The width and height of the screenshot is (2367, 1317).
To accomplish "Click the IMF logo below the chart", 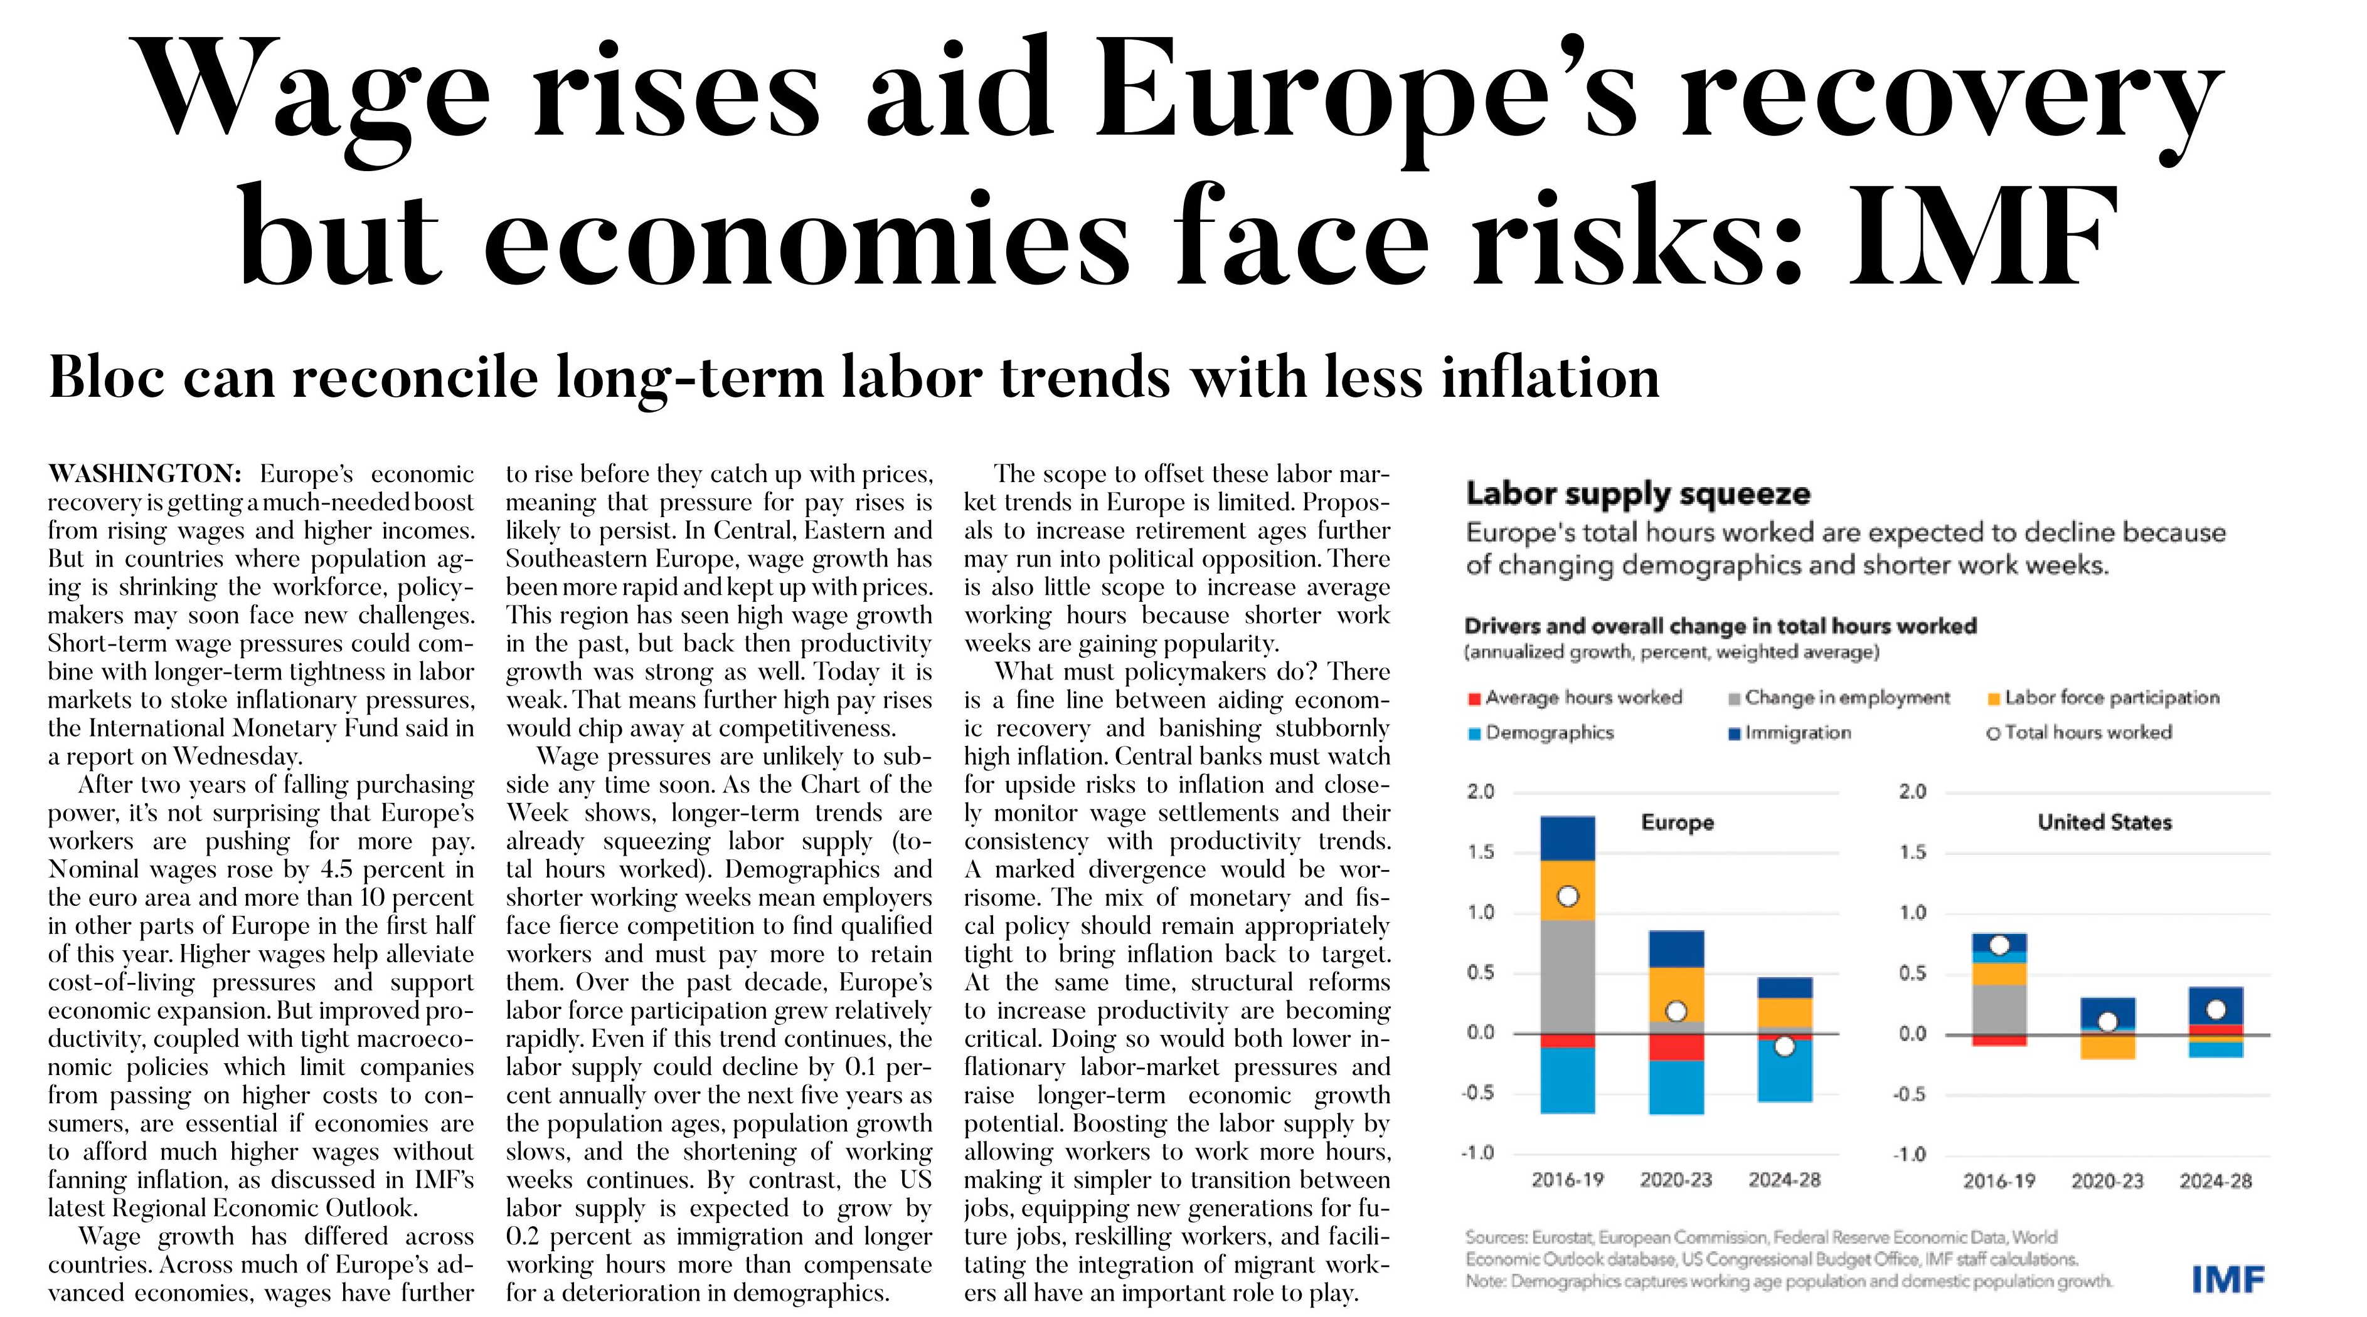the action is tap(2228, 1278).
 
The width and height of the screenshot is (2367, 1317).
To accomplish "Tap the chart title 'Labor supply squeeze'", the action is tap(1637, 493).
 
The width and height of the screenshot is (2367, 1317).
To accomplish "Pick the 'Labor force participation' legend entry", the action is tap(2104, 697).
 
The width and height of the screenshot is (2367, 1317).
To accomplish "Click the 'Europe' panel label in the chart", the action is tap(1677, 822).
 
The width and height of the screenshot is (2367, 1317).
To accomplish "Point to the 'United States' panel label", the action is tap(2104, 822).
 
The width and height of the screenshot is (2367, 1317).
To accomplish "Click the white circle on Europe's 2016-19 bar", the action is tap(1568, 896).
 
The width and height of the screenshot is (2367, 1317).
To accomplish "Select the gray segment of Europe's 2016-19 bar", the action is tap(1568, 976).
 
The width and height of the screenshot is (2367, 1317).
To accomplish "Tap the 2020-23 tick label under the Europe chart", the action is tap(1676, 1179).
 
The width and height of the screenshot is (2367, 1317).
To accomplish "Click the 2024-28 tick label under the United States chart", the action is tap(2215, 1180).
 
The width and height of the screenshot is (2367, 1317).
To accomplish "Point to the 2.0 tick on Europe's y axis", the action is tap(1481, 790).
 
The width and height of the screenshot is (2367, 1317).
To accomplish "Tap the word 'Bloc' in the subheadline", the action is tap(107, 377).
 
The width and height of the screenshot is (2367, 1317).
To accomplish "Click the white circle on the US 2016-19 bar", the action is tap(1999, 946).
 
